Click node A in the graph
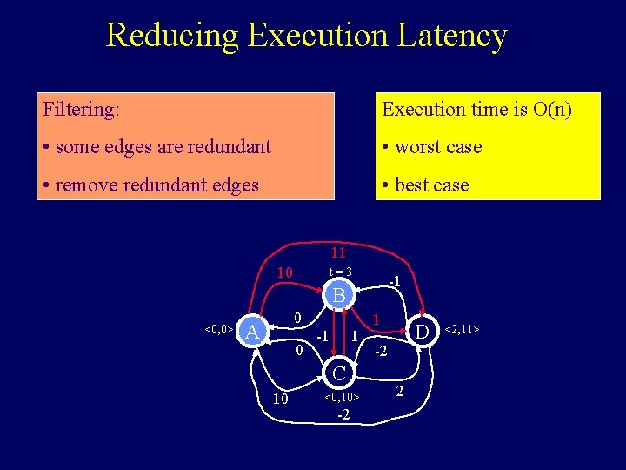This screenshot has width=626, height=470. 252,332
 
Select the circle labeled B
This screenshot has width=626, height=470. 339,296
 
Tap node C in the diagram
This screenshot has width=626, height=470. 339,373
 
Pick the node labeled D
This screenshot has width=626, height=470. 422,332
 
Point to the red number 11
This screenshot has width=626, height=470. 339,252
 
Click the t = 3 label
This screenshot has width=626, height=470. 339,272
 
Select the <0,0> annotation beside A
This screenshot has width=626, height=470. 217,330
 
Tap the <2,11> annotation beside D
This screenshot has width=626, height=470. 462,330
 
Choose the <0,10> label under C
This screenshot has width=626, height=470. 342,398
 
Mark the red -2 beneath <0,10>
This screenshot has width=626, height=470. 343,414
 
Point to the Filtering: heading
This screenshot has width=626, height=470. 82,110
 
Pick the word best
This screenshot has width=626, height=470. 413,185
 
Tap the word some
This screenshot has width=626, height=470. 75,147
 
